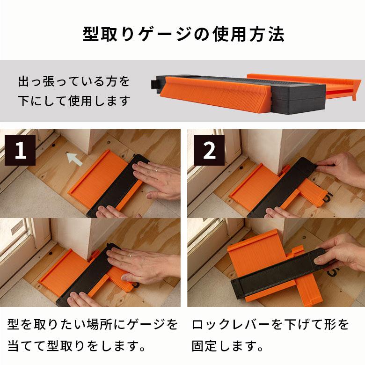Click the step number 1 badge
pyautogui.click(x=20, y=151)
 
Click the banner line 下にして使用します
pyautogui.click(x=74, y=101)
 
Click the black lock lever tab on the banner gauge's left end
pyautogui.click(x=155, y=84)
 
